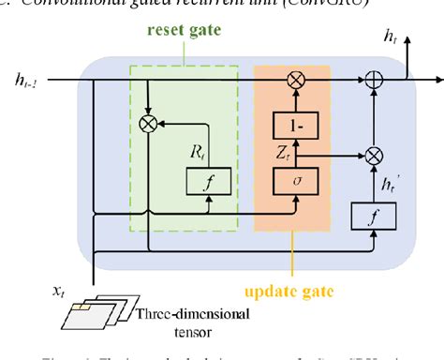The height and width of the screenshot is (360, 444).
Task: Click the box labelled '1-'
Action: [x=295, y=122]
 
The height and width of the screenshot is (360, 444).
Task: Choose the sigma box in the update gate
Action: [x=295, y=178]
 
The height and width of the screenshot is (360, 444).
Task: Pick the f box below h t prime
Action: [x=373, y=217]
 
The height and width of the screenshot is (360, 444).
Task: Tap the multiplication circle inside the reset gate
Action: [x=147, y=122]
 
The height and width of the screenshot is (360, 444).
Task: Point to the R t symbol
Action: [x=196, y=149]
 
